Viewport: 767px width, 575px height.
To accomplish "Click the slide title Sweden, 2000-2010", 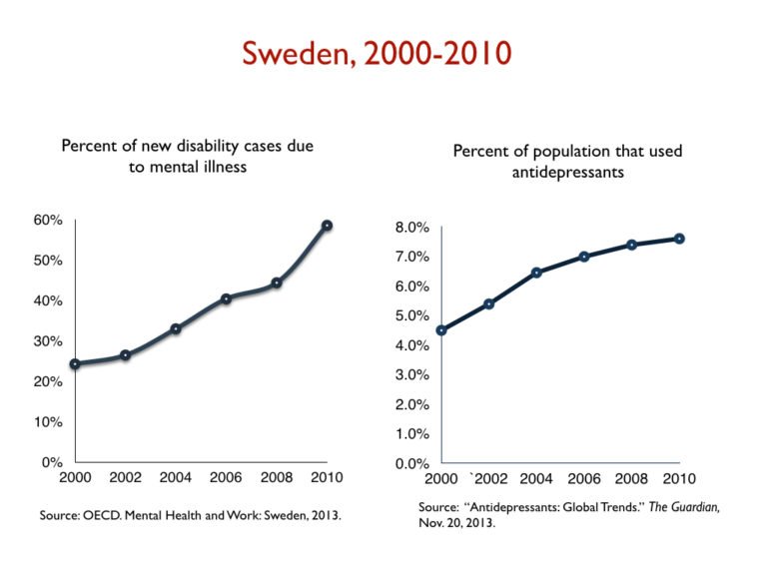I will [383, 51].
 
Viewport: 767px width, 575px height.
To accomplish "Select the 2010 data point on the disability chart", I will [327, 226].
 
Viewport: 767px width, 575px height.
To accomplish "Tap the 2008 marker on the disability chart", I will [277, 283].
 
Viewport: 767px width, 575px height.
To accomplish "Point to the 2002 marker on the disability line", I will [126, 355].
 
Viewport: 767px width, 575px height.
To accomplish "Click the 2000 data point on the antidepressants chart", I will [441, 330].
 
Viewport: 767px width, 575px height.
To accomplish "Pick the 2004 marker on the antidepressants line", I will [536, 273].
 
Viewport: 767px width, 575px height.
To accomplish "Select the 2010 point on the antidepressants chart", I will [679, 239].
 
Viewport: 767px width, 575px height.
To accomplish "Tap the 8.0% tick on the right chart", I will [412, 228].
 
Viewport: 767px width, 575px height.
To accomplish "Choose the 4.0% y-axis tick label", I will [412, 345].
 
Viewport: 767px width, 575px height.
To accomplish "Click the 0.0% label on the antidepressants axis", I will [412, 463].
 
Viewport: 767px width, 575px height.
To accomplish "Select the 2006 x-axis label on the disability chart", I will [226, 477].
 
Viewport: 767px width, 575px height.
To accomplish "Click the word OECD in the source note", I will [118, 515].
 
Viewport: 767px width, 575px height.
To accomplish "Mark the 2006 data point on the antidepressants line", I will [584, 257].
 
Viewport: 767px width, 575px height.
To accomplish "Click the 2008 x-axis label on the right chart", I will [632, 478].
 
